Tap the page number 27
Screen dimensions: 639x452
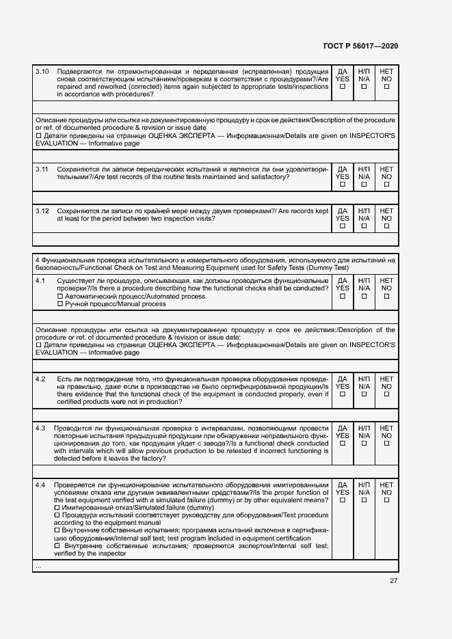click(393, 581)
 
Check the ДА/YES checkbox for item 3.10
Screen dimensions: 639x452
click(343, 87)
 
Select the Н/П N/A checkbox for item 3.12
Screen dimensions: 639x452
click(364, 227)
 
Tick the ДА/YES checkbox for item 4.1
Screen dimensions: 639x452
click(343, 297)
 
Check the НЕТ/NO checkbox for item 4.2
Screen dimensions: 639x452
click(386, 394)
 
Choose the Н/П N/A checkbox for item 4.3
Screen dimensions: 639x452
click(364, 444)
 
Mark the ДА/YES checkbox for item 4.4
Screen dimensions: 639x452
click(343, 500)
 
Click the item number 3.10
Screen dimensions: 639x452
click(42, 71)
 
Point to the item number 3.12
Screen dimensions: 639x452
click(42, 211)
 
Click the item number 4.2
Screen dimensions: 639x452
click(40, 379)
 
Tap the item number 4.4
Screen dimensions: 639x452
click(40, 485)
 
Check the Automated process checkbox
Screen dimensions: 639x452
click(59, 297)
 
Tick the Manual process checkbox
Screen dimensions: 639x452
click(59, 304)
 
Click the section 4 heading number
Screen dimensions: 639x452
click(37, 260)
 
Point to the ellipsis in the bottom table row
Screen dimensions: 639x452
click(38, 567)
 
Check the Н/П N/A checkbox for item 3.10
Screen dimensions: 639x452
click(364, 87)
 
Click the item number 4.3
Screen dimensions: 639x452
click(40, 428)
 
